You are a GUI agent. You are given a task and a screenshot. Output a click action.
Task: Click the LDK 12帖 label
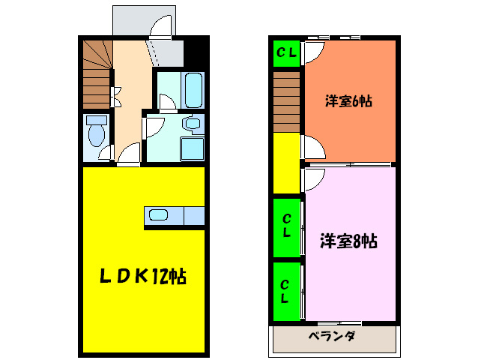coord(143,276)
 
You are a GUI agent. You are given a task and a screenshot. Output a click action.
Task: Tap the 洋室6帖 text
coord(348,100)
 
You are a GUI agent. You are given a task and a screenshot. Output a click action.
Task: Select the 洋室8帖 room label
coord(348,241)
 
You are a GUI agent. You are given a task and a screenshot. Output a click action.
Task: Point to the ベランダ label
coord(331,336)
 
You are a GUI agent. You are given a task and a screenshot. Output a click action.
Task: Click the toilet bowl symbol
coord(96,133)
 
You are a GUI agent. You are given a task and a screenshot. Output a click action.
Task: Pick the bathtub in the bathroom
coord(193,91)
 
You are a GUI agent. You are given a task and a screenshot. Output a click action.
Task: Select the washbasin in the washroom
coord(192,124)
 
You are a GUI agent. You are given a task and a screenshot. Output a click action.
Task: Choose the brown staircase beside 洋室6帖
coord(287,105)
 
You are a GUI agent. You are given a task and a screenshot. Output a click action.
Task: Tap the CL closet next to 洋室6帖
coord(287,52)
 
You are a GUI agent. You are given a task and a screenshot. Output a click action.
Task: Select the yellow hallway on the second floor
coord(286,162)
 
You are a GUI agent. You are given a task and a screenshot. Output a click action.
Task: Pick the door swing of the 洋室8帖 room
coord(312,177)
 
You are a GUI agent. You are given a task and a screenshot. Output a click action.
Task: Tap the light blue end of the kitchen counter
coord(194,216)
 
